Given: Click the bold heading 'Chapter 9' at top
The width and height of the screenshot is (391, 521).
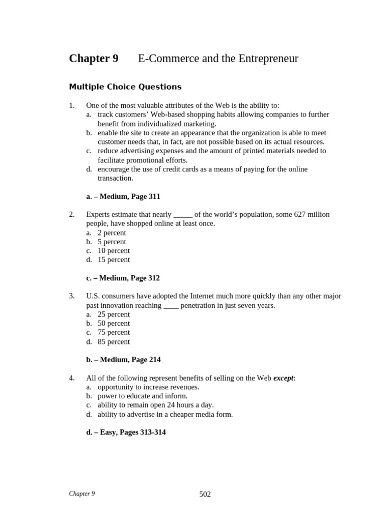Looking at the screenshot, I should [x=94, y=59].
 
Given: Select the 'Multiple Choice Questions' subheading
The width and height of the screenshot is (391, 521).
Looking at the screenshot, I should [x=125, y=87].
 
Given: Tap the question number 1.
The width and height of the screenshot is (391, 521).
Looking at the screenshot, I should [x=71, y=105].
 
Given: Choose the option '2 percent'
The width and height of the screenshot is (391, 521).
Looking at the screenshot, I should [x=111, y=233].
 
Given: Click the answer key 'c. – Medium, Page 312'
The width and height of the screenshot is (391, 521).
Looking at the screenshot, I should [x=123, y=278].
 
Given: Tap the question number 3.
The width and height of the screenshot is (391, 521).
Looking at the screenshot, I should [x=71, y=296].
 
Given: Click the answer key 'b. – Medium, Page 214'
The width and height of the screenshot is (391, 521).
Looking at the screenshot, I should [x=123, y=360].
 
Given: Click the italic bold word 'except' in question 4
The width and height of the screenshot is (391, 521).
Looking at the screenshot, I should [x=283, y=378].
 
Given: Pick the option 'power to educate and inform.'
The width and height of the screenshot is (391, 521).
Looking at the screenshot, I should [x=143, y=396].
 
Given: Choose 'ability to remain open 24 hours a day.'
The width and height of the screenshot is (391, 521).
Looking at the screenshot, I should [x=155, y=405].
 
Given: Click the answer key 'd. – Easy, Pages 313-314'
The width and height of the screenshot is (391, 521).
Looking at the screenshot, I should [x=126, y=432].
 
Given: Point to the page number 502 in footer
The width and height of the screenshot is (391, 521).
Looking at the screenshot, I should [x=205, y=495].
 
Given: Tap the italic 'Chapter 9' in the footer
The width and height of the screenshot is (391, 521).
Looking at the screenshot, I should [x=82, y=494].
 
